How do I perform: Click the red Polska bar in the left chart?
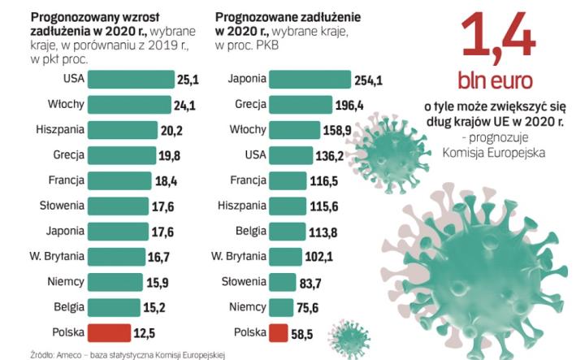coord(109,332)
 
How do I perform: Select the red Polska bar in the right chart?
coord(277,332)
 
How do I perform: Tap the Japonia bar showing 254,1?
coord(310,79)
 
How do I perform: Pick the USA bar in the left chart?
coord(130,79)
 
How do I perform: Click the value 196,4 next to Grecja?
coord(350,104)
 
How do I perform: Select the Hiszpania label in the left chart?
coord(60,129)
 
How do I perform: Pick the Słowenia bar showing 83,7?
coord(281,281)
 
